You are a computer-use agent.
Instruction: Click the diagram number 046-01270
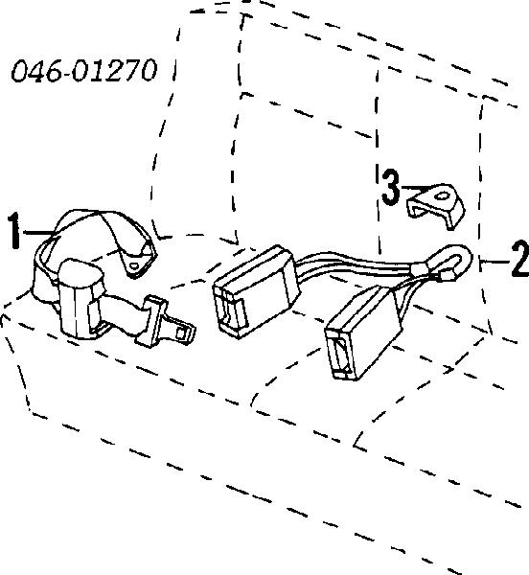(x=84, y=70)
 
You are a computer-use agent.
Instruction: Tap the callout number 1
(x=14, y=231)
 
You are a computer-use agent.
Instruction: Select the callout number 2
(x=520, y=259)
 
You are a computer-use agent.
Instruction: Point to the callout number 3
(x=391, y=187)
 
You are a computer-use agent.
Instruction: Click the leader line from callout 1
(x=39, y=232)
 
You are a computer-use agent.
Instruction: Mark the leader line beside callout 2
(x=494, y=262)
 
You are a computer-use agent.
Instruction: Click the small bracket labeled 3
(x=436, y=205)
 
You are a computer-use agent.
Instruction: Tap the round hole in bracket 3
(x=442, y=196)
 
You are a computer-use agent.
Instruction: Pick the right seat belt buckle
(x=363, y=333)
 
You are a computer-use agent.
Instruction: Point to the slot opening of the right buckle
(x=340, y=356)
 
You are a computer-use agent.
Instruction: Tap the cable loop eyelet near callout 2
(x=448, y=263)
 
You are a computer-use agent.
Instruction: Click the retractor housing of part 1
(x=79, y=297)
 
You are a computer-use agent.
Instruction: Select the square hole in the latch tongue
(x=181, y=333)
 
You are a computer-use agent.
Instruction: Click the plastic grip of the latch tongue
(x=152, y=321)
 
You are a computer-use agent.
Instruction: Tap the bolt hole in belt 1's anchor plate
(x=134, y=266)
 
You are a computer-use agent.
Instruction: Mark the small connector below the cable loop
(x=447, y=276)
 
